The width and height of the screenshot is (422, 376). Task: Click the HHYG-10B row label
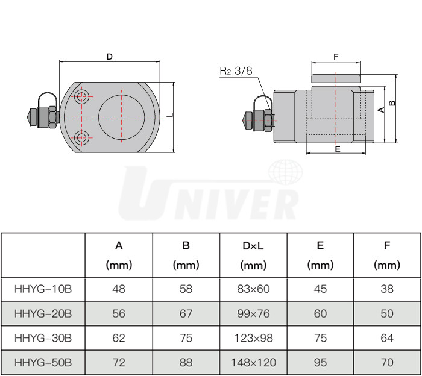43,289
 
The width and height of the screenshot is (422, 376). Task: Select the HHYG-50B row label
43,362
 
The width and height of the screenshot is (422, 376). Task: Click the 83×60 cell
253,289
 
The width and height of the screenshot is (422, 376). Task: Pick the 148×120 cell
253,362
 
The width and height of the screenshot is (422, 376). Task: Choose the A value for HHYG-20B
119,313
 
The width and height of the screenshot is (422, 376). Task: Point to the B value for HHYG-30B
186,338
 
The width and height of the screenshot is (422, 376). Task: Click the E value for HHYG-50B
320,362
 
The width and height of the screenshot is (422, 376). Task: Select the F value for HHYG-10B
387,289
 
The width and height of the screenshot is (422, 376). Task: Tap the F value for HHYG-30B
387,338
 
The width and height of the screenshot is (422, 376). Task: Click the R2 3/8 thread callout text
236,70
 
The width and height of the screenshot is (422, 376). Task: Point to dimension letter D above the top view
109,57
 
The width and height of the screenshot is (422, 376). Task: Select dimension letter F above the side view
336,58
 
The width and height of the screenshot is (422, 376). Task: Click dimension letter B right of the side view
392,103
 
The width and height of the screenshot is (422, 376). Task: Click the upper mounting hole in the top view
82,95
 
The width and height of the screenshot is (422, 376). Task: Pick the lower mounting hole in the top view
82,137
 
